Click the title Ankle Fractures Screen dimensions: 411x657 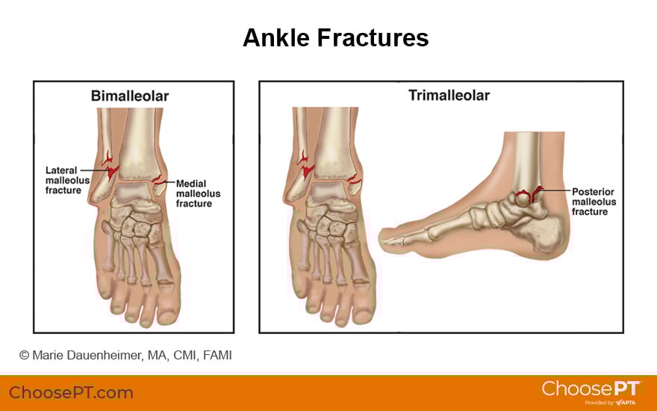(x=335, y=37)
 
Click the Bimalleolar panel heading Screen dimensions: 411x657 (x=130, y=96)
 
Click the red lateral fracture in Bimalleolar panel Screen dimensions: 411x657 (x=110, y=167)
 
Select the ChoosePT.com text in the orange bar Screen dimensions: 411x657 (x=71, y=392)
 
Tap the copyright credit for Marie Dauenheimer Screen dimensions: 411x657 (x=125, y=355)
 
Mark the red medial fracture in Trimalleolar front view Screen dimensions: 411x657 (x=353, y=179)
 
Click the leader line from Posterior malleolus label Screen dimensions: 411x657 (x=556, y=192)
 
